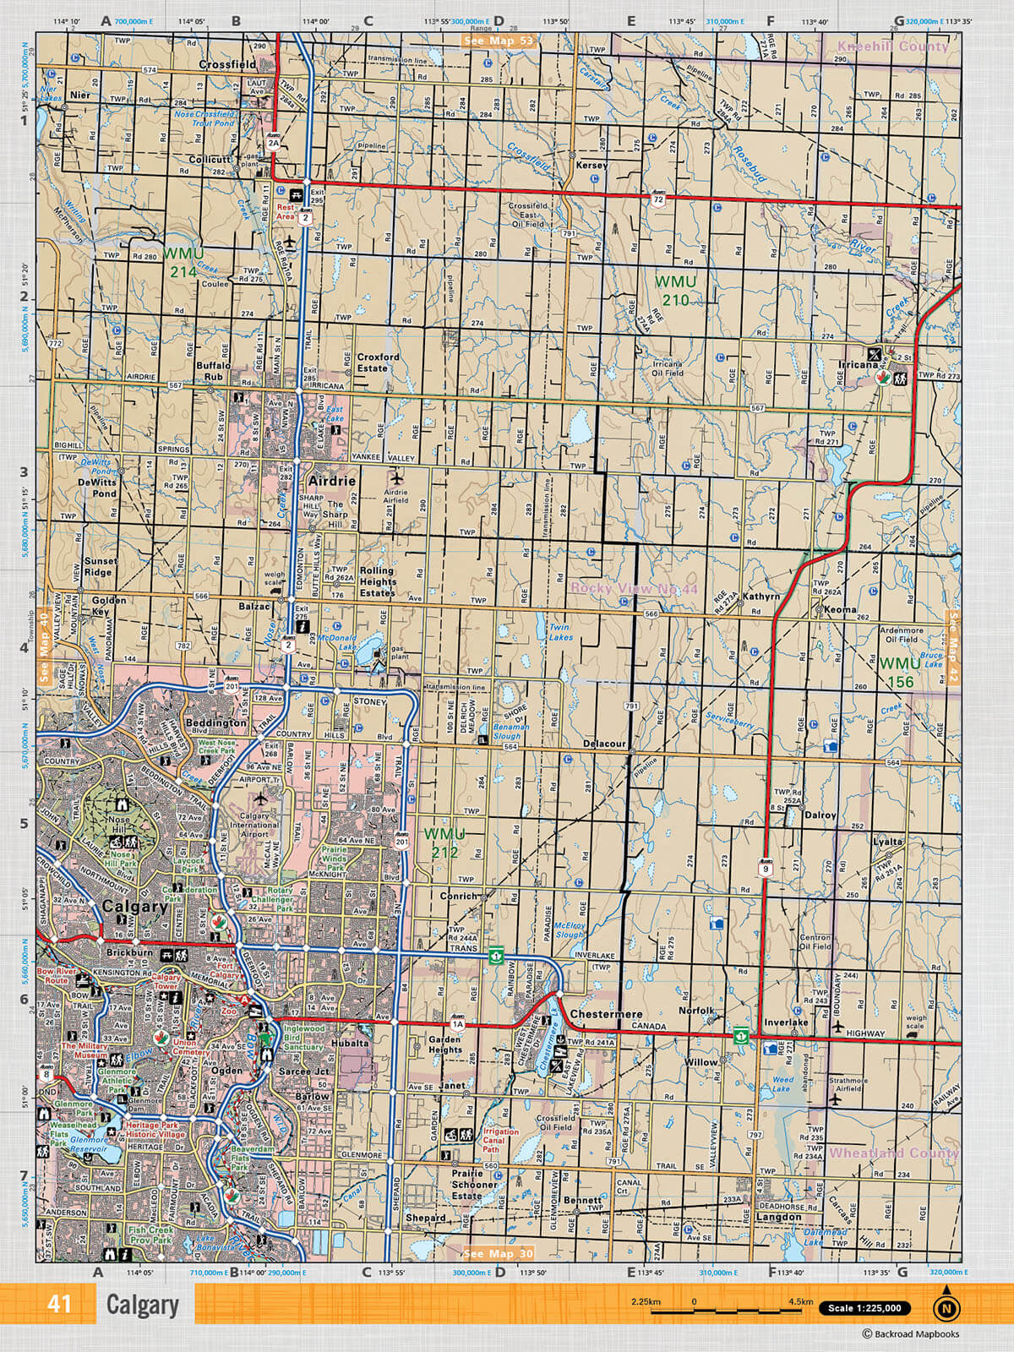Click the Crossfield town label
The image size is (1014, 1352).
coord(227,64)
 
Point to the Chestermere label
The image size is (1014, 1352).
coord(606,1014)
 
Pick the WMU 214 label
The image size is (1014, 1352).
coord(182,262)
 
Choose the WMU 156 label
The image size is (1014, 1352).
coord(899,673)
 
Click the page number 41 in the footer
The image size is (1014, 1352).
coord(59,1304)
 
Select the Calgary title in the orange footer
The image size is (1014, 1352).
coord(143,1305)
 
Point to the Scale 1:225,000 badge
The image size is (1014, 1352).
coord(865,1309)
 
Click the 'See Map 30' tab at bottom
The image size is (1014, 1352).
coord(499,1253)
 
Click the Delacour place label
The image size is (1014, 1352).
coord(604,744)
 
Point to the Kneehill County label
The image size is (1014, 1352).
coord(894,46)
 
